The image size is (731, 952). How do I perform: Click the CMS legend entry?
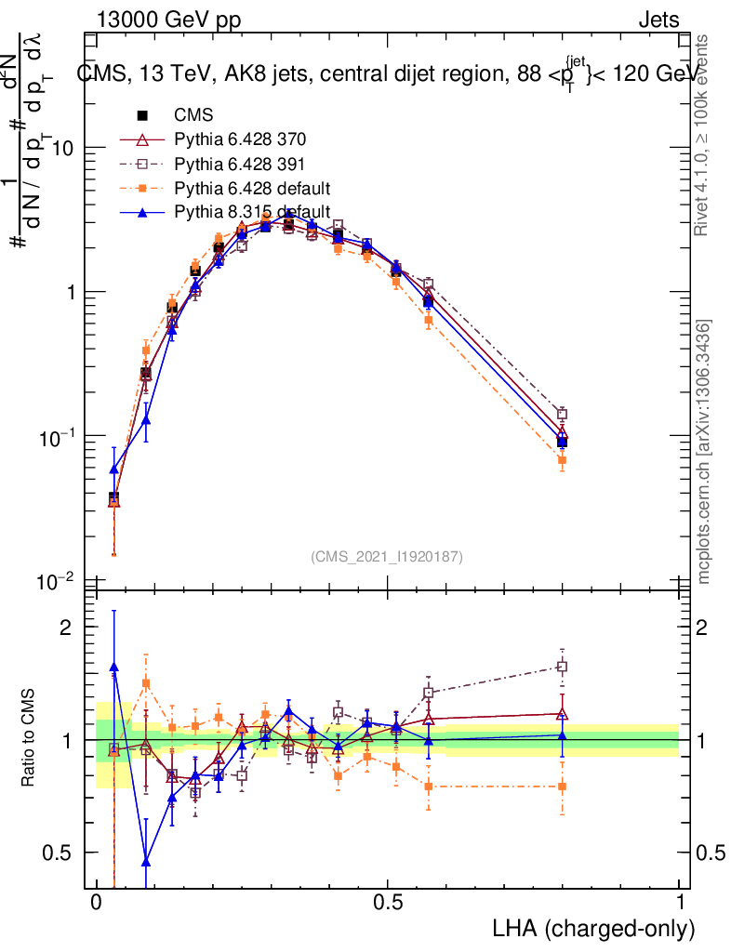[193, 116]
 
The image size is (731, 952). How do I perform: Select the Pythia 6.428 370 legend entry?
[240, 140]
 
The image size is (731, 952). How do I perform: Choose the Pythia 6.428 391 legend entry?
[240, 165]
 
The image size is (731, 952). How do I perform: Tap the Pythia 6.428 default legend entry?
[252, 189]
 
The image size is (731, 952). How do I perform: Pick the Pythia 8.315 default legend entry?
[252, 213]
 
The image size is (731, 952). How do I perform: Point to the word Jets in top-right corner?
[658, 20]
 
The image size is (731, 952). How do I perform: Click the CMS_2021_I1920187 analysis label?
[386, 556]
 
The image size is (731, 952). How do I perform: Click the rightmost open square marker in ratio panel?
[562, 667]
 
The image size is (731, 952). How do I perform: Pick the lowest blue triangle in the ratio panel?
[146, 861]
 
